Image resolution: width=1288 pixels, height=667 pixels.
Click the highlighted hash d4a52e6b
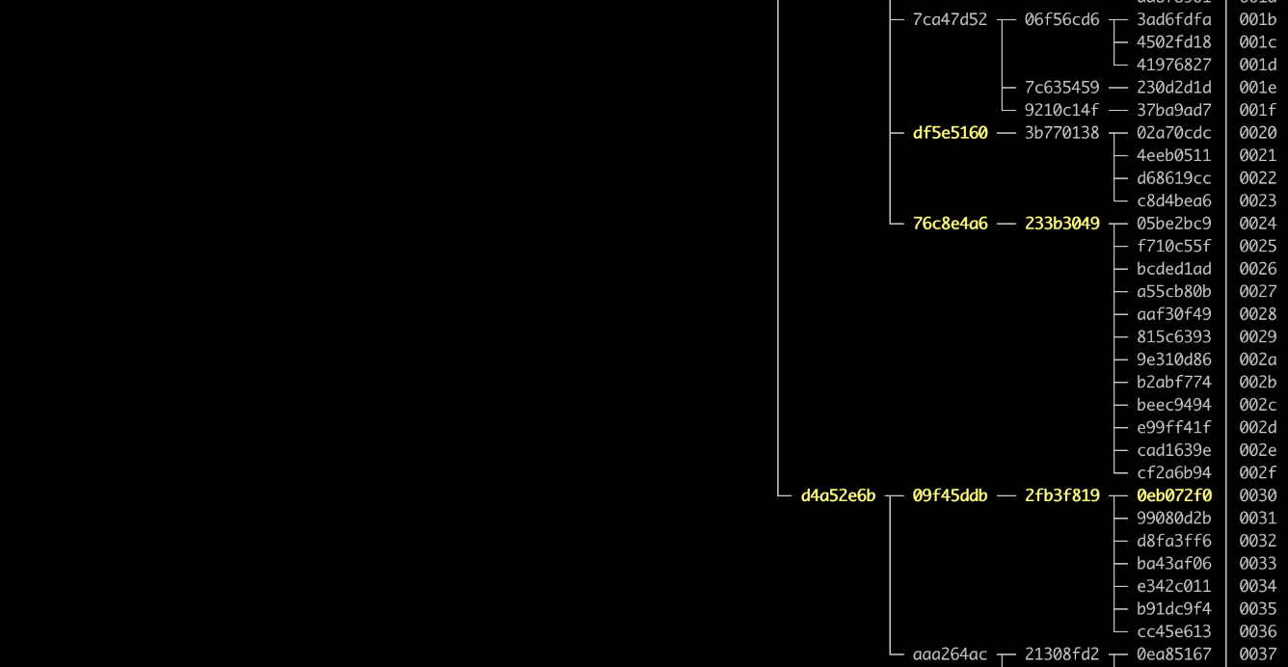tap(838, 496)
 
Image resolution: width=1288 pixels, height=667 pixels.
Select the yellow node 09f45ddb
tap(950, 496)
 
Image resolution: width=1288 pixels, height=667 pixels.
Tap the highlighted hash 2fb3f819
tap(1061, 496)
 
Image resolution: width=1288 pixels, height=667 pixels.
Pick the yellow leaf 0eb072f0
tap(1173, 496)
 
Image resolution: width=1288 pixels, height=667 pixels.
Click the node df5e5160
tap(950, 133)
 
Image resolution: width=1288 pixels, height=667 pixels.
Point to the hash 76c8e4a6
tap(950, 224)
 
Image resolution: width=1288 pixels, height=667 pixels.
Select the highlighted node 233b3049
tap(1061, 224)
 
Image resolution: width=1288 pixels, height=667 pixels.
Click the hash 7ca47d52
tap(950, 19)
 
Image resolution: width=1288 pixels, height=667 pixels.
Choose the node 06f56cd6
tap(1061, 19)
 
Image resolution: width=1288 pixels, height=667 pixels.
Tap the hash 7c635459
tap(1061, 88)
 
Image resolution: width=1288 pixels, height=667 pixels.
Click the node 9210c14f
tap(1061, 111)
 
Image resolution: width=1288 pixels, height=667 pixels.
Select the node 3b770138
tap(1061, 133)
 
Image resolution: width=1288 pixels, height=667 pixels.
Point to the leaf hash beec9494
tap(1173, 405)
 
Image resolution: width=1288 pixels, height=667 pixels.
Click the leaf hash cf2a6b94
tap(1173, 473)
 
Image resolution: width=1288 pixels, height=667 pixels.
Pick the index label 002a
tap(1257, 360)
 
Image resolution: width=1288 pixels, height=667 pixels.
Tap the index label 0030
tap(1257, 496)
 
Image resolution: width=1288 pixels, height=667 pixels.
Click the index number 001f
tap(1257, 111)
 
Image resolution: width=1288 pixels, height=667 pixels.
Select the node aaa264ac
tap(950, 655)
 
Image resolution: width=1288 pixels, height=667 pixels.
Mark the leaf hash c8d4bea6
tap(1173, 201)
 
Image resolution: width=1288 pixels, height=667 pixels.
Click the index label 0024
tap(1257, 224)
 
